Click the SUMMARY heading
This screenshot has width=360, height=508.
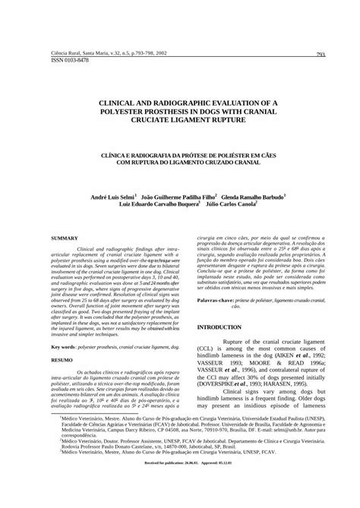point(65,238)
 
